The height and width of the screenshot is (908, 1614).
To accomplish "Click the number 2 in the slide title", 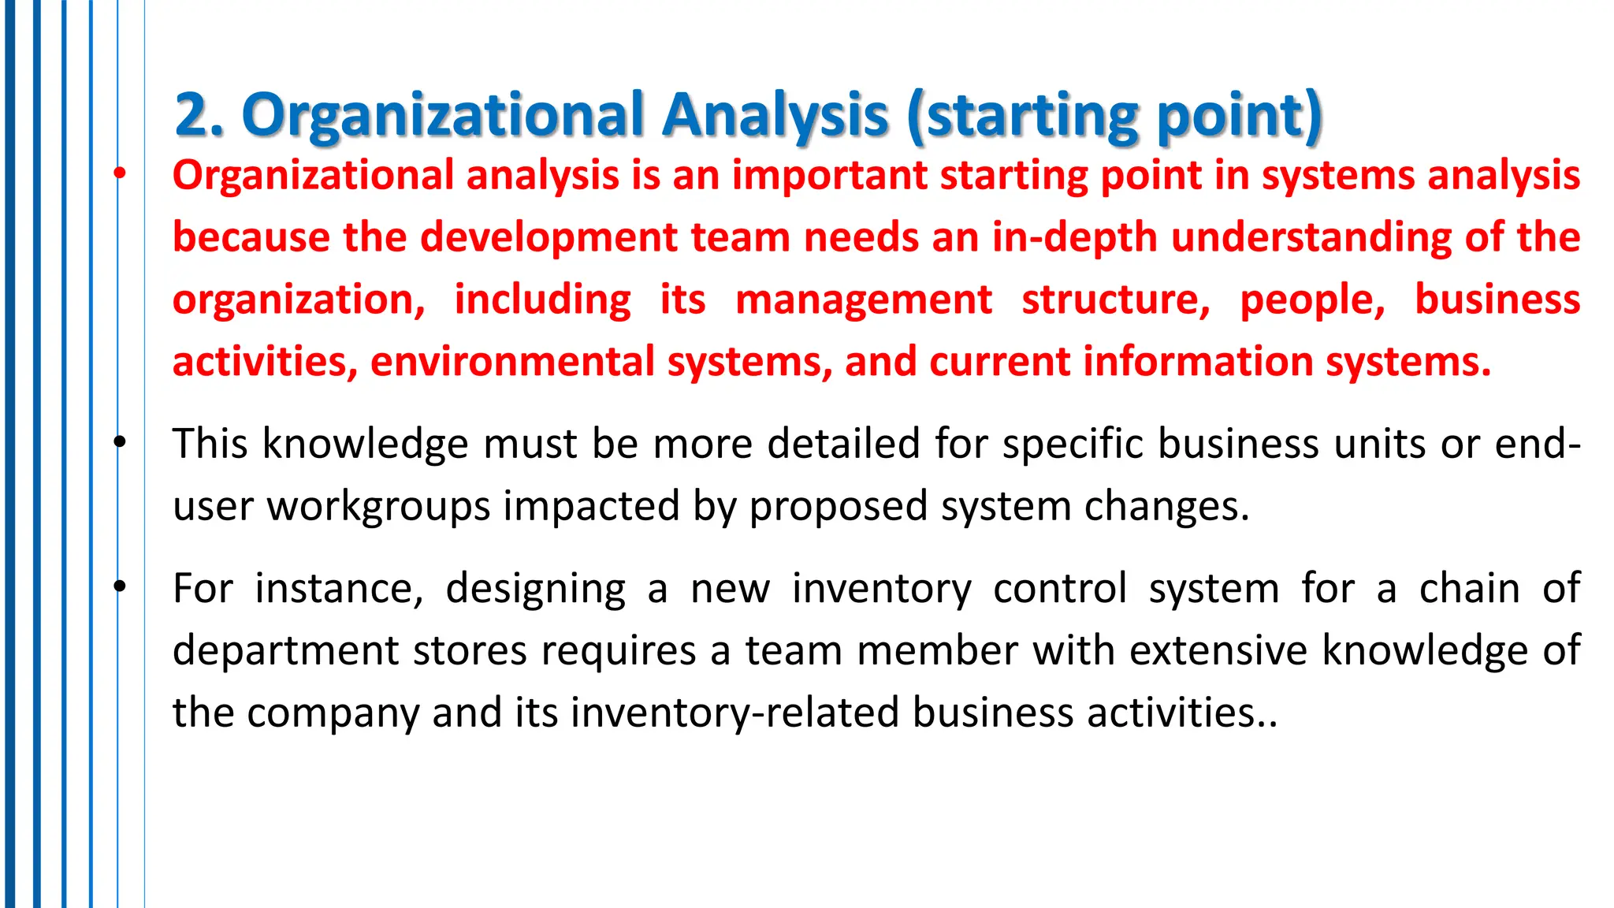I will pos(192,115).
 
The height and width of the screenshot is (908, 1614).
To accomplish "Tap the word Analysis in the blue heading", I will pos(775,115).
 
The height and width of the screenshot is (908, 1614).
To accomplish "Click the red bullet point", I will pos(119,173).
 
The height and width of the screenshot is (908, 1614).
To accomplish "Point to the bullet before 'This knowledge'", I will pos(119,442).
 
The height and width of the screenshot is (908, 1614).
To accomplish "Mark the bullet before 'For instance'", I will pos(119,586).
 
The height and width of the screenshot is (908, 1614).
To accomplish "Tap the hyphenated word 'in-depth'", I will pos(1075,237).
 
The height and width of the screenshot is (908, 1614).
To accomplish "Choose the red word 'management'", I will pos(864,300).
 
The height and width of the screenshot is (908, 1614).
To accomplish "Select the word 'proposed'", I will pos(838,507).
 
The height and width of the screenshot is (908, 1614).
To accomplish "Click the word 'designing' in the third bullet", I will pos(536,589).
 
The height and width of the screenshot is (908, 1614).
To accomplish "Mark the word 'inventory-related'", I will pos(734,713).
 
